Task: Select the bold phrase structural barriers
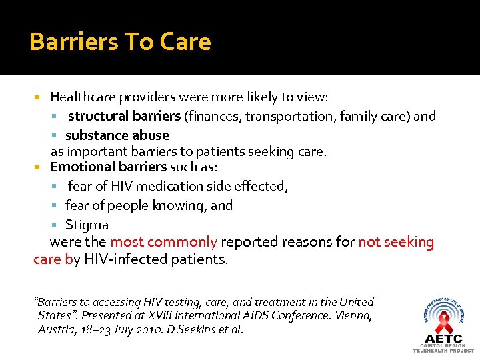coord(124,117)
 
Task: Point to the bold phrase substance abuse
coord(117,135)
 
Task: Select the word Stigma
coord(87,225)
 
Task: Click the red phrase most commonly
coord(163,242)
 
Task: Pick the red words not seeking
coord(396,242)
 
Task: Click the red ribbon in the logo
coord(444,323)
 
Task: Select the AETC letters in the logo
coord(443,339)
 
